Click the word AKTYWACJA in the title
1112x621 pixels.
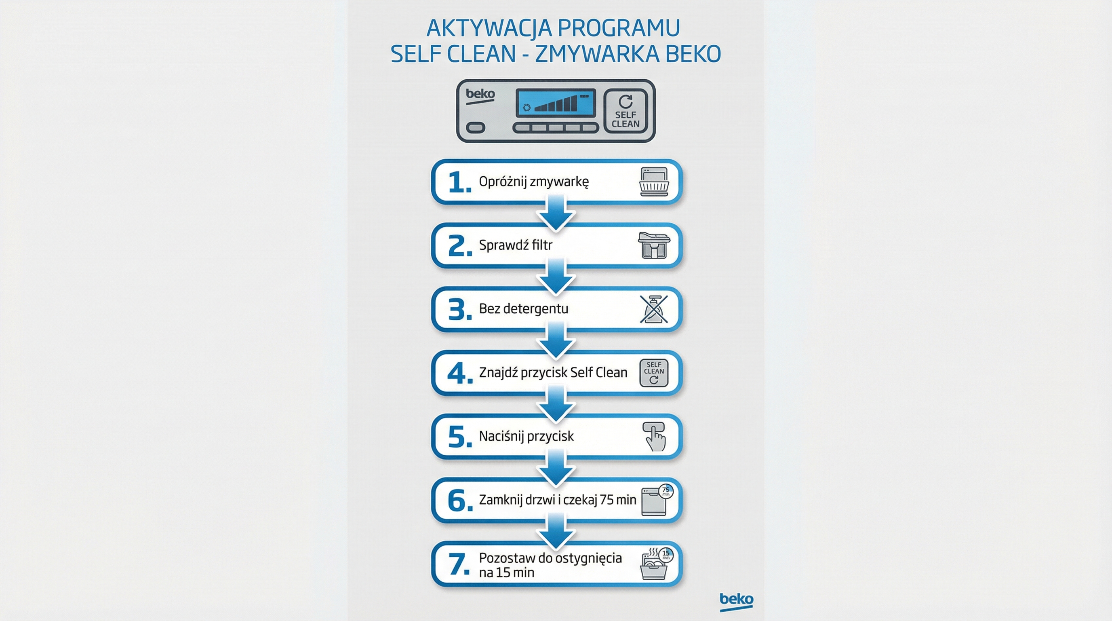pos(489,28)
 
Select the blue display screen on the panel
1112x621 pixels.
pos(556,103)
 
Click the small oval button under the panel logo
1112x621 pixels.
pos(476,128)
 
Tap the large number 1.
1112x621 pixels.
pos(459,182)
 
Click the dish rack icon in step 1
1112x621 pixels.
pos(653,182)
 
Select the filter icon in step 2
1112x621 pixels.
pos(653,245)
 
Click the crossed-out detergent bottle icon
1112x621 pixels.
pos(653,309)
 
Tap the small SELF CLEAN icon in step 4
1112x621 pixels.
pos(653,373)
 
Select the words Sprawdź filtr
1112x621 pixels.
pos(516,245)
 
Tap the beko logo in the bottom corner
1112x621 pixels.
pos(736,601)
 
